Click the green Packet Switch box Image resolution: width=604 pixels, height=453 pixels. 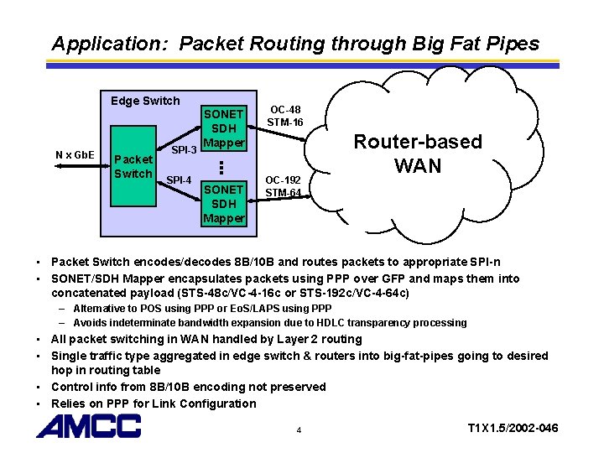pos(133,165)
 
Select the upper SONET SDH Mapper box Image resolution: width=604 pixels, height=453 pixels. pos(224,128)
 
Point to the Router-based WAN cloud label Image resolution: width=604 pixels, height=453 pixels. pos(417,154)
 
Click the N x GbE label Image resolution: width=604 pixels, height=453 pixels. pos(75,155)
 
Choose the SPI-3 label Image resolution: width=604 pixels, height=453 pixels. pos(184,150)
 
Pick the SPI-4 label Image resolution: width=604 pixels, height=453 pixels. pos(180,180)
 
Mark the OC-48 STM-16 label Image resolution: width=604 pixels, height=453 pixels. pos(284,116)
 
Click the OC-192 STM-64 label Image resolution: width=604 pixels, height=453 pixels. pos(284,185)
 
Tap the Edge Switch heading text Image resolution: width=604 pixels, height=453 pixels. pos(145,101)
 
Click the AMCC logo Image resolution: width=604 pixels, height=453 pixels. pos(88,427)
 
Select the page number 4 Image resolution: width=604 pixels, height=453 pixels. pos(298,430)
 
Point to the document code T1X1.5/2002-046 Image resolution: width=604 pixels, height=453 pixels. pos(513,429)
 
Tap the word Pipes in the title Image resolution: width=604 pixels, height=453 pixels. pos(513,43)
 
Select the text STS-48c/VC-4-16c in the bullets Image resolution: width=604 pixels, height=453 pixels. pos(248,293)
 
